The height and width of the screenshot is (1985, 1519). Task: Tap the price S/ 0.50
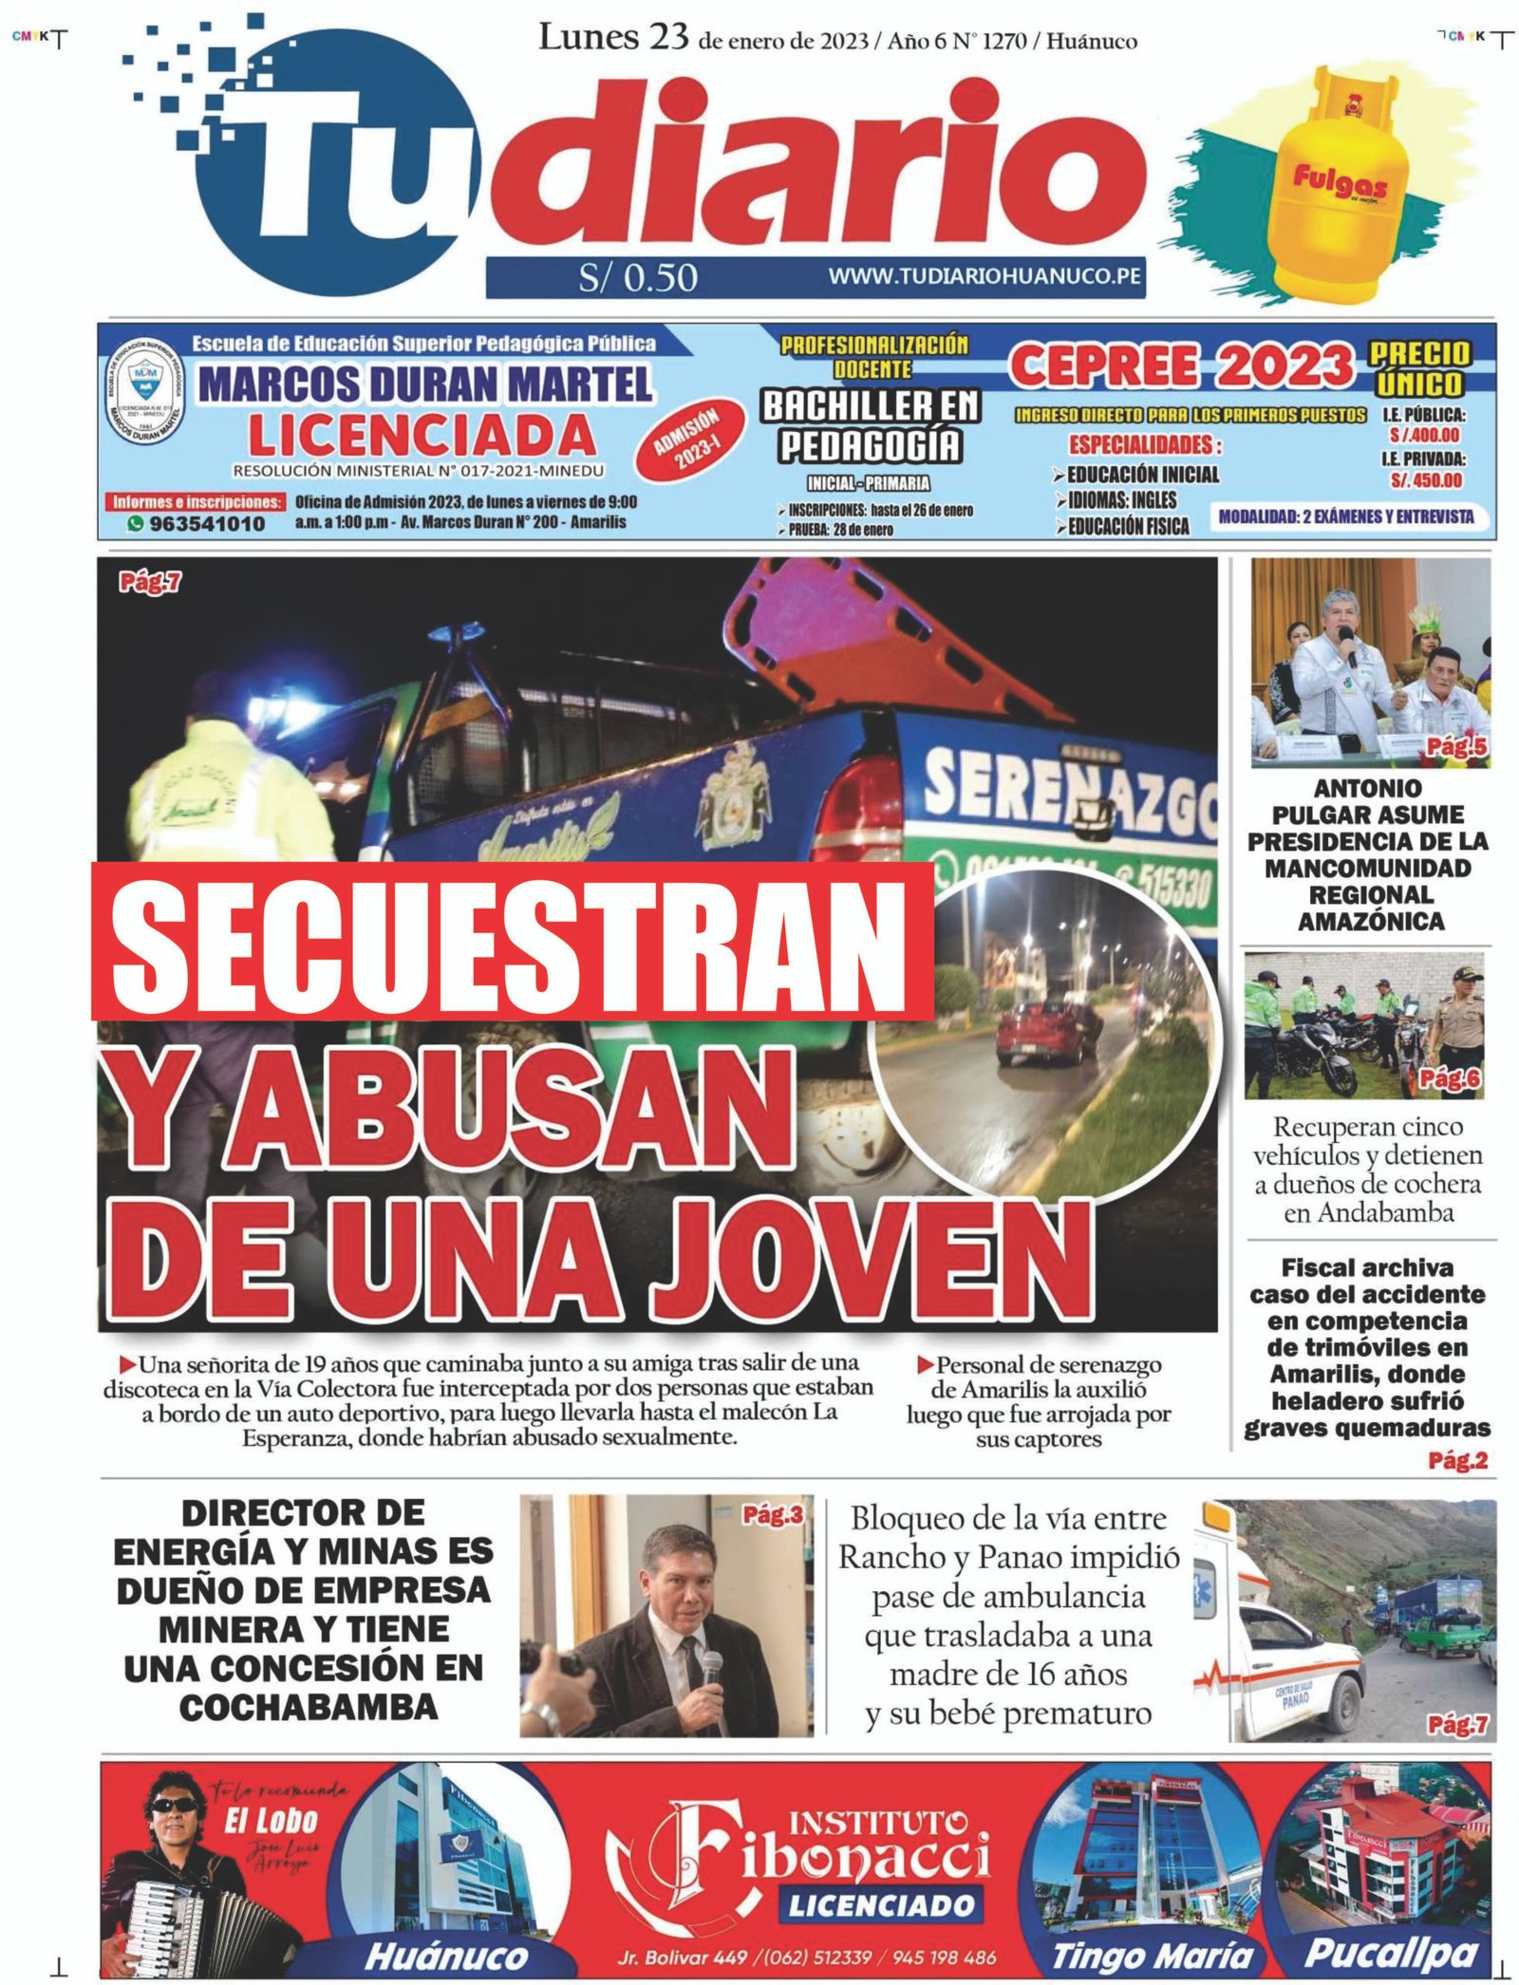(638, 277)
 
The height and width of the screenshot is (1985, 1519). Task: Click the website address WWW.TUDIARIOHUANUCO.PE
(984, 276)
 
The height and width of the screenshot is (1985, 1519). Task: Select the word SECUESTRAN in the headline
(513, 941)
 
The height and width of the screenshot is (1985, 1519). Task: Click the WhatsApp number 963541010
(206, 523)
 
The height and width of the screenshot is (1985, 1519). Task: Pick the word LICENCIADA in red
(422, 436)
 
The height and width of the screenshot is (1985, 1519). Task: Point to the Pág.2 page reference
(1457, 1461)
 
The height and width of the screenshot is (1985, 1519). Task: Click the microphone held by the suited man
(710, 1670)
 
